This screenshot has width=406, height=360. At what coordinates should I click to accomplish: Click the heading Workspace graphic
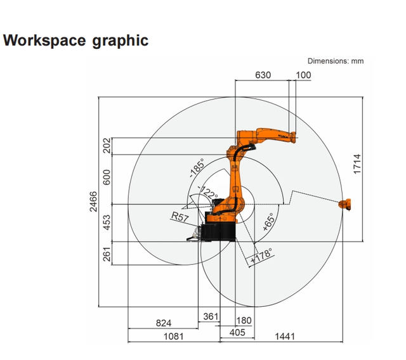pyautogui.click(x=76, y=41)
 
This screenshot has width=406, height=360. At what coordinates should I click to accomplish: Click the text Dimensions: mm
pyautogui.click(x=336, y=61)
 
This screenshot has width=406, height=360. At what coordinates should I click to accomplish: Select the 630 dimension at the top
pyautogui.click(x=263, y=75)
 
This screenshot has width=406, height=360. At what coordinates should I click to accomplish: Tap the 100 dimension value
pyautogui.click(x=303, y=75)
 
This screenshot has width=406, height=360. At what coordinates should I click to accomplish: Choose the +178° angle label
pyautogui.click(x=261, y=257)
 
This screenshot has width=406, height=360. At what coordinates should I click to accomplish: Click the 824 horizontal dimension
pyautogui.click(x=164, y=323)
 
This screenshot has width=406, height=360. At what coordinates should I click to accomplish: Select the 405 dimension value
pyautogui.click(x=236, y=332)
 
